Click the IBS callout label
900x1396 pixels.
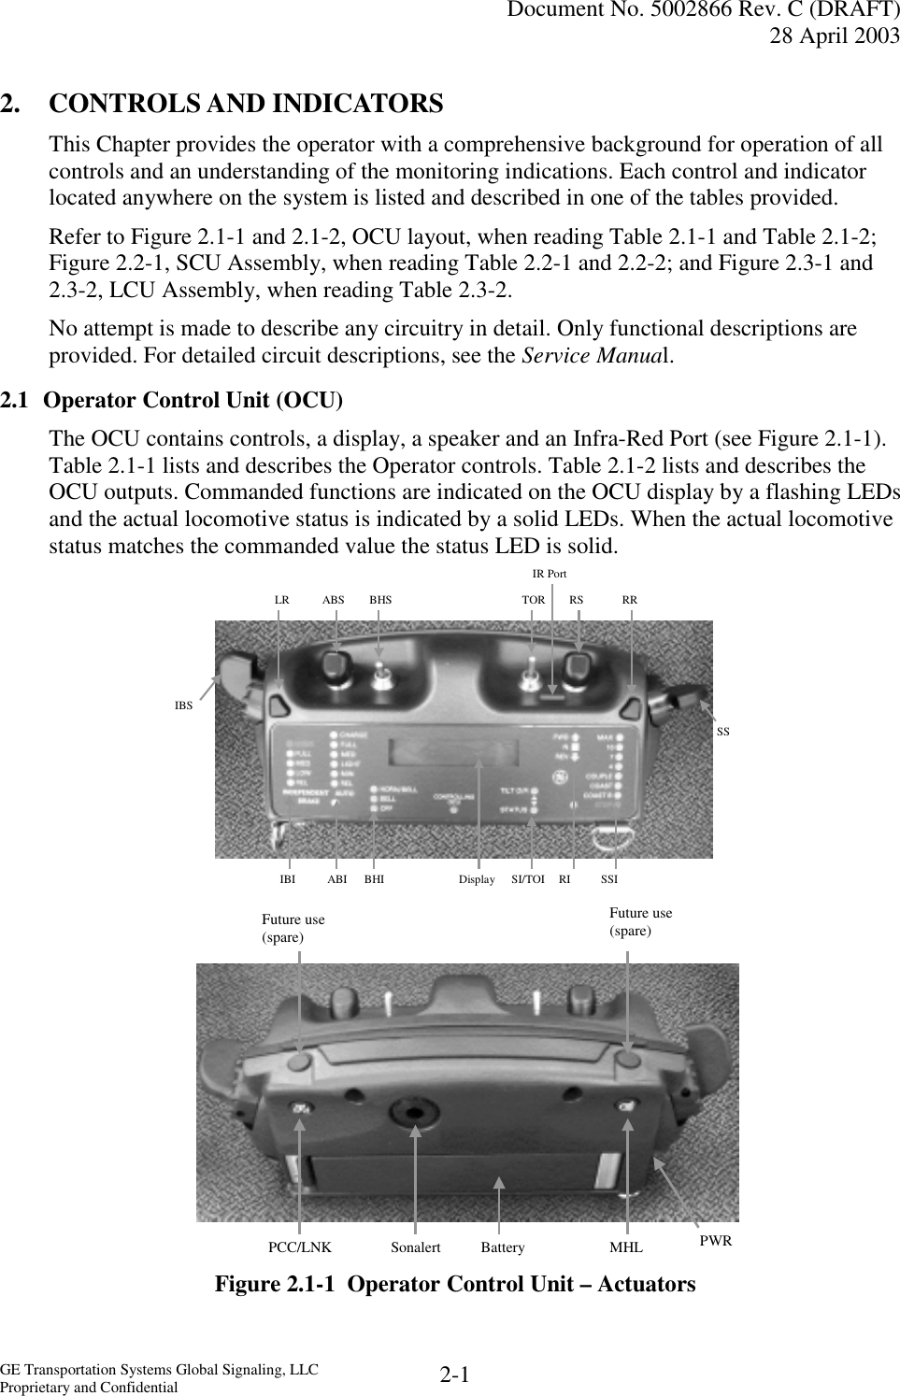tap(183, 705)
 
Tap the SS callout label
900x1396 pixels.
tap(722, 732)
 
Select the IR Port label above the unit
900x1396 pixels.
tap(549, 574)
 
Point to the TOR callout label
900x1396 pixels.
tap(533, 600)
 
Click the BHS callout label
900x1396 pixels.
tap(380, 600)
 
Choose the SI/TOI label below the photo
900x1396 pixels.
tap(528, 879)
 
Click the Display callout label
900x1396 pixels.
tap(477, 879)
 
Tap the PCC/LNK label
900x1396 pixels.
tap(299, 1247)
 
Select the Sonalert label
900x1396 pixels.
tap(415, 1247)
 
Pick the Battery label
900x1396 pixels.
tap(503, 1247)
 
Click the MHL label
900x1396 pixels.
tap(626, 1247)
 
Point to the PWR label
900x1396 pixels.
tap(716, 1241)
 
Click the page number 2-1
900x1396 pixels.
tap(454, 1375)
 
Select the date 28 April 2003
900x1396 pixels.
tap(835, 36)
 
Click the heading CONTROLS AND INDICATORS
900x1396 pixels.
tap(246, 104)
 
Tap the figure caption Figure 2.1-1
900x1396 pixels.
tap(455, 1285)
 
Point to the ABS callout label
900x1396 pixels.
tap(333, 600)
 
